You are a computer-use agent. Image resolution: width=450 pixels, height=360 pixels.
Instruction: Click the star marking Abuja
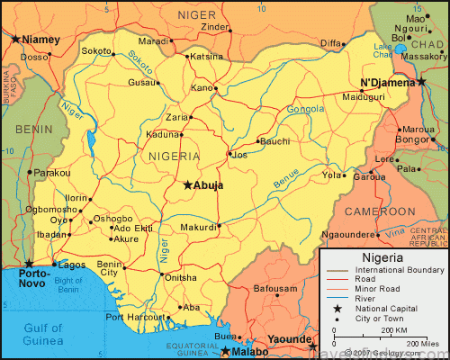187,185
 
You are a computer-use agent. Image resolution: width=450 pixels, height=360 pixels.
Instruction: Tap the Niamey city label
40,40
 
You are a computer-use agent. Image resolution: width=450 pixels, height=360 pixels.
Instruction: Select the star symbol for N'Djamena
421,82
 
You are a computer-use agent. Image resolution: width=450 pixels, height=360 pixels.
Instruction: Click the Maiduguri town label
364,98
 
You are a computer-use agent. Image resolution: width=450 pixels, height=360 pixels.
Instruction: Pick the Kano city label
202,88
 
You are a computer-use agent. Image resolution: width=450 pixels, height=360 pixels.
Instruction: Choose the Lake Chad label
383,50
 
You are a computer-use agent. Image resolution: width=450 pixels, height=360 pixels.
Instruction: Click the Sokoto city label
96,51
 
